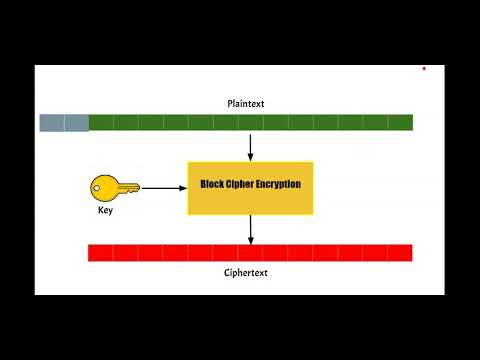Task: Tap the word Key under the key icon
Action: click(x=106, y=212)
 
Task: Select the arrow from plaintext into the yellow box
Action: click(x=250, y=146)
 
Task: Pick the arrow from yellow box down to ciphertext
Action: click(x=250, y=229)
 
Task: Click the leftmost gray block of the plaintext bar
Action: click(x=52, y=123)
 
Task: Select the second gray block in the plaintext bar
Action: click(x=77, y=123)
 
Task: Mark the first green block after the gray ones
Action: click(x=101, y=123)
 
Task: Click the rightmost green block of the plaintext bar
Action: click(x=400, y=123)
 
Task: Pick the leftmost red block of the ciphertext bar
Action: click(x=101, y=253)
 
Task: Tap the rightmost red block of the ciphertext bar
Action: click(x=400, y=253)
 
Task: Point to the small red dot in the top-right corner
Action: click(x=424, y=69)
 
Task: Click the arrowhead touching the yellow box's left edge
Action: click(x=183, y=187)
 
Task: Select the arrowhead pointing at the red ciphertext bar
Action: click(x=250, y=240)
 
